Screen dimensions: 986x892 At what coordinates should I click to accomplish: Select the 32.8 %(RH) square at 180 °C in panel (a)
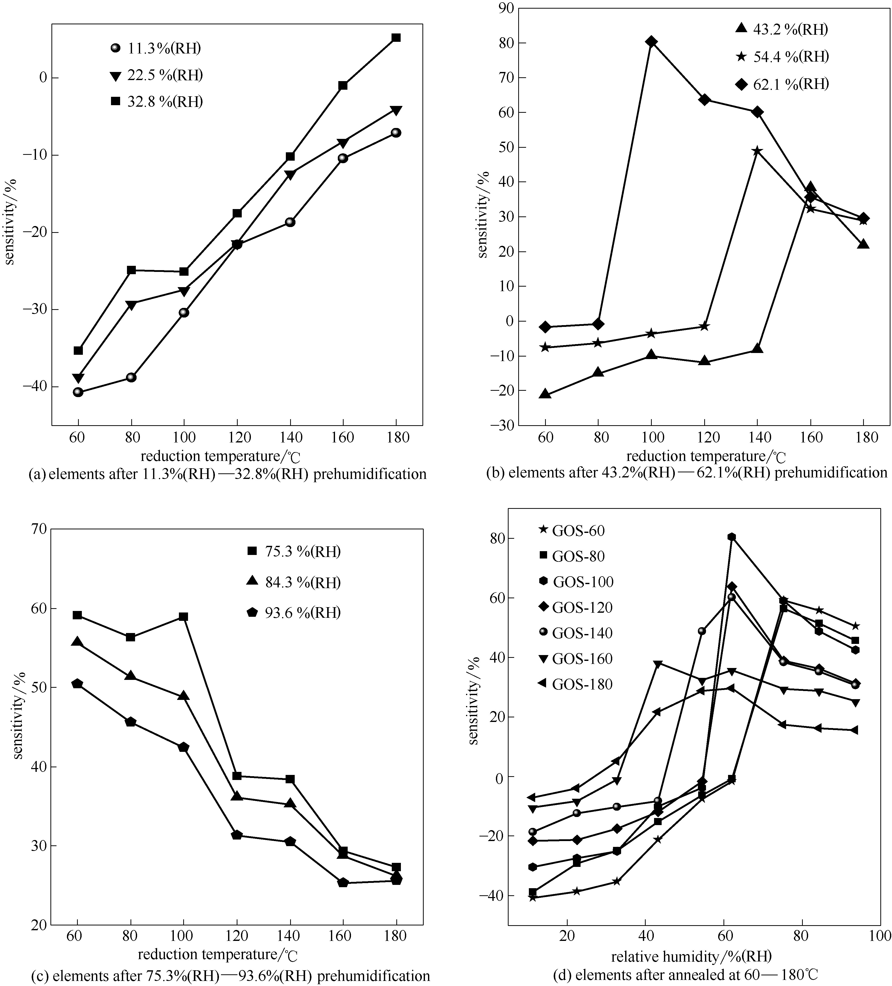tap(396, 38)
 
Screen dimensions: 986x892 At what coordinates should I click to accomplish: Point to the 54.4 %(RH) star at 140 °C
tap(757, 151)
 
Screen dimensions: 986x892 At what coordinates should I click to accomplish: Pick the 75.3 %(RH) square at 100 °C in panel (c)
tap(183, 617)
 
